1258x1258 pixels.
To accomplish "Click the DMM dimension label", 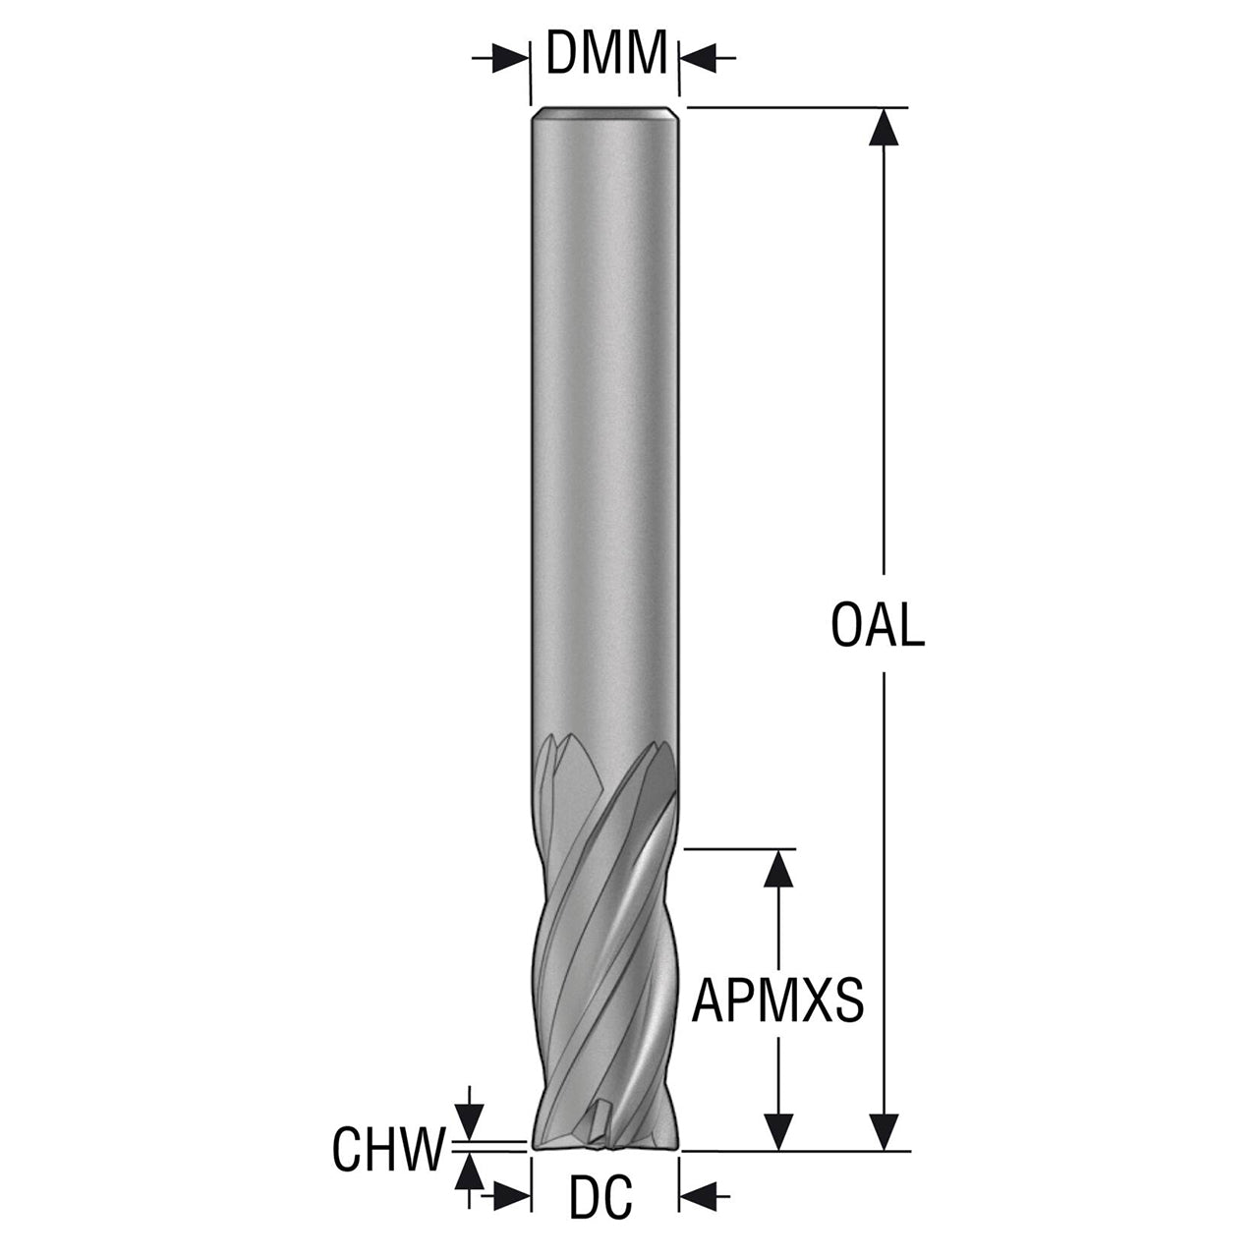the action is coord(605,52).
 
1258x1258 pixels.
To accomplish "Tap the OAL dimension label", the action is coord(878,625).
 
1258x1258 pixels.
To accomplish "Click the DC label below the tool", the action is coord(601,1216).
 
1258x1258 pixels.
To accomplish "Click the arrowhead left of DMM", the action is coord(510,58).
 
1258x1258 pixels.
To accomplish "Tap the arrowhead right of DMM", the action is coord(699,58).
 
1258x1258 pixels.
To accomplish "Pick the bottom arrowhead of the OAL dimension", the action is coord(884,1131).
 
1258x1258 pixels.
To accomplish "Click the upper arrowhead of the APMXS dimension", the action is coord(778,868).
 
